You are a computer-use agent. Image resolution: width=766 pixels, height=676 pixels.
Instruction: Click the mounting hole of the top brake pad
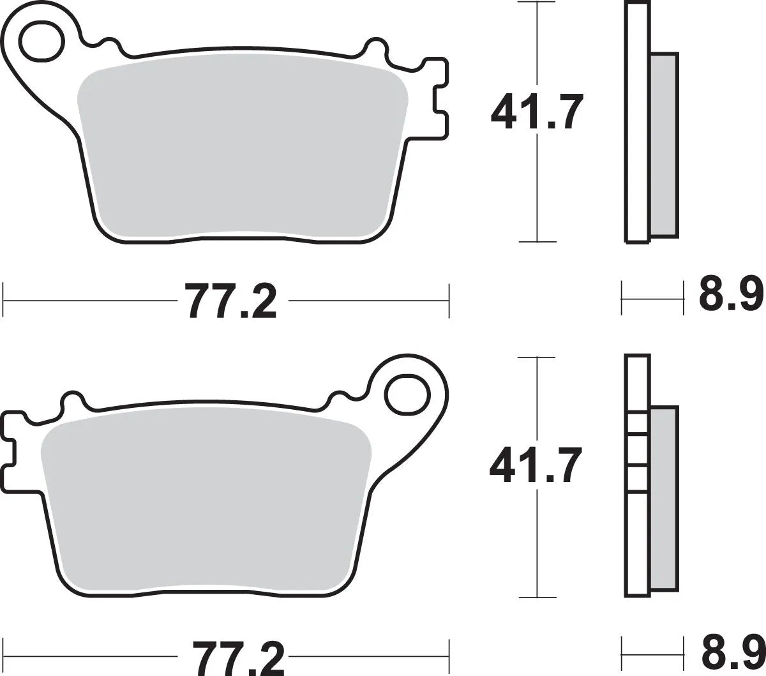[41, 41]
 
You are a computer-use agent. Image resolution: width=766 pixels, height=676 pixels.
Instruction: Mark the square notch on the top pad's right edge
[440, 99]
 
